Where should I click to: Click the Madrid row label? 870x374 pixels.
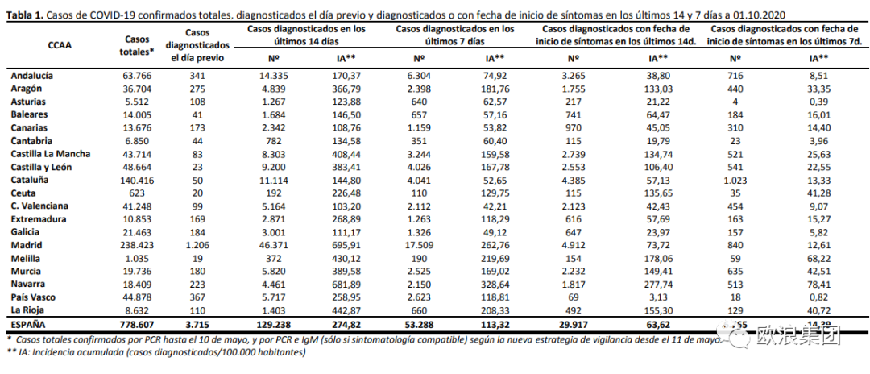pyautogui.click(x=27, y=245)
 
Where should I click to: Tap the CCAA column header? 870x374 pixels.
pyautogui.click(x=60, y=46)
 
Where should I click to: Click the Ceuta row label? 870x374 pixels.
pyautogui.click(x=23, y=193)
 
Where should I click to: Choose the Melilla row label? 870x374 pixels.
pyautogui.click(x=27, y=258)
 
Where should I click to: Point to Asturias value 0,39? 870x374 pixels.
pyautogui.click(x=818, y=102)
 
